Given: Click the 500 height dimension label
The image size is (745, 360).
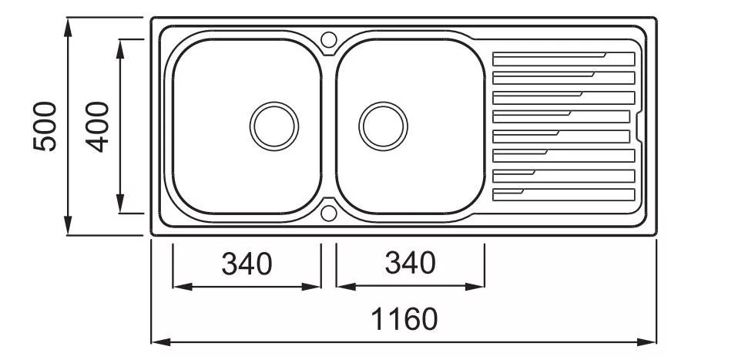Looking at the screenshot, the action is click(x=45, y=126).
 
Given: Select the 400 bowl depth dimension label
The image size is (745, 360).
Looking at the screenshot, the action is click(x=97, y=126).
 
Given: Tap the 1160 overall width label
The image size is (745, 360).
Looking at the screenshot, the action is click(x=404, y=318).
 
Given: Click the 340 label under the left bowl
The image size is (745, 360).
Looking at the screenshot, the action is click(x=247, y=264).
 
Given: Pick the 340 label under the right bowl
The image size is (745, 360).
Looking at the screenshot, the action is click(x=410, y=263).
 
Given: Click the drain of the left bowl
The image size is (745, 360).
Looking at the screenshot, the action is click(x=274, y=126).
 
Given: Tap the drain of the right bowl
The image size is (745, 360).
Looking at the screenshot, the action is click(x=383, y=126).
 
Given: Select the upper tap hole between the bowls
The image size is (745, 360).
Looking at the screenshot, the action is click(x=329, y=39).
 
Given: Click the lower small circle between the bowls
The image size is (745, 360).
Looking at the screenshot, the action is click(x=329, y=213).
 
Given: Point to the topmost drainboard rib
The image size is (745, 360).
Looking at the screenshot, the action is click(x=563, y=59).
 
